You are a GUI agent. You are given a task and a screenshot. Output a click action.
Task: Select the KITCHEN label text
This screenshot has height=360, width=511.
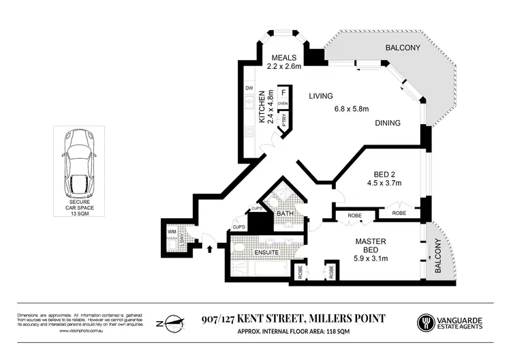(x=261, y=110)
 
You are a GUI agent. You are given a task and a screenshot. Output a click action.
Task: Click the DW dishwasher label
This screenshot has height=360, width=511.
(x=249, y=89)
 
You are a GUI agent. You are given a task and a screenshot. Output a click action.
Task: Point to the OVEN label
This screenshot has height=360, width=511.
(x=283, y=103)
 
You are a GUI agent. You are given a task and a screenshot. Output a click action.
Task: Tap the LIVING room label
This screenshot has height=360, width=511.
(x=322, y=96)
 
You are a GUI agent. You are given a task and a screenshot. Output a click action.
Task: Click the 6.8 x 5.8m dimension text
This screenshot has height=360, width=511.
(x=351, y=109)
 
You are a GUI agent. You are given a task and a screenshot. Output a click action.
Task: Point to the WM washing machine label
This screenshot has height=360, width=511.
(x=171, y=232)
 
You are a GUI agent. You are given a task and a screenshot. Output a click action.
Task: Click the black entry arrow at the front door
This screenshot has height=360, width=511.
(x=209, y=247)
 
